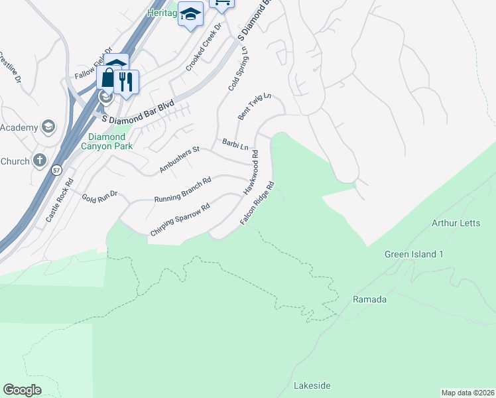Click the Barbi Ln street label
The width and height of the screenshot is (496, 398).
235,145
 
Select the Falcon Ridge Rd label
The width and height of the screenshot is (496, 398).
257,203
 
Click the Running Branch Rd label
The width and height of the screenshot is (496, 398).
182,190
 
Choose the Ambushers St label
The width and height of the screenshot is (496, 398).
179,161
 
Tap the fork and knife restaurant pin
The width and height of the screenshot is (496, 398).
126,82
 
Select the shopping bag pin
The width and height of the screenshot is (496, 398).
107,78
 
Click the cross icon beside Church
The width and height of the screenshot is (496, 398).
40,161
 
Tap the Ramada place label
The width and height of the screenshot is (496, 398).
369,299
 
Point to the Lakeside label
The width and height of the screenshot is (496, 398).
312,385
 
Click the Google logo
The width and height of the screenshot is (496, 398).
23,390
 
